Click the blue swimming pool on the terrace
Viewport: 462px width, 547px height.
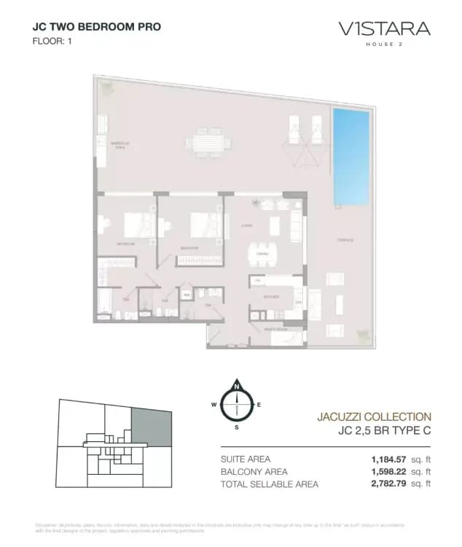[x=350, y=158]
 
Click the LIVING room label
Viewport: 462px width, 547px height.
[x=247, y=226]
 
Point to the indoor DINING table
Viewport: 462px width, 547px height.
[x=260, y=254]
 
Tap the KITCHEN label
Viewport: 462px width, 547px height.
[x=270, y=297]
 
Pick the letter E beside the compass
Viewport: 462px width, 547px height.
[x=259, y=404]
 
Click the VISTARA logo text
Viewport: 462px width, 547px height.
[x=384, y=29]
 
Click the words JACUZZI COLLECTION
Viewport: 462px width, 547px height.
[x=374, y=416]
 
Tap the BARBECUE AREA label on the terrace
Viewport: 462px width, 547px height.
[x=119, y=145]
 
